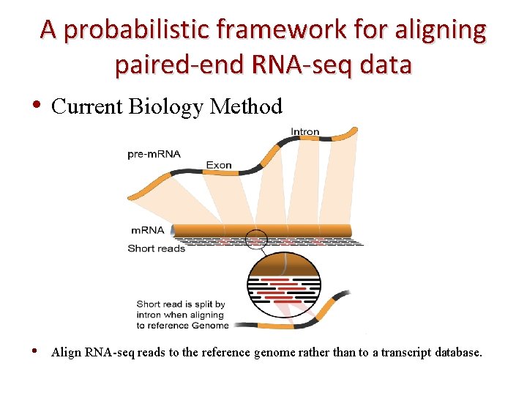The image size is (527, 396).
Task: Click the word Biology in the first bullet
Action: [x=166, y=107]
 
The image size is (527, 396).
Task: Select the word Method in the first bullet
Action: [x=246, y=107]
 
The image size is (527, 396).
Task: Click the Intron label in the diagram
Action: [x=304, y=132]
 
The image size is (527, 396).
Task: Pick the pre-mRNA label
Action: [x=154, y=154]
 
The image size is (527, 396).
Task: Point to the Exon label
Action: [x=219, y=165]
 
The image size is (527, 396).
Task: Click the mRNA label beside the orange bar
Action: [x=147, y=230]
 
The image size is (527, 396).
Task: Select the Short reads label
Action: [x=157, y=248]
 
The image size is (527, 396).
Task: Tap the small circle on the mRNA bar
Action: [x=256, y=238]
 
